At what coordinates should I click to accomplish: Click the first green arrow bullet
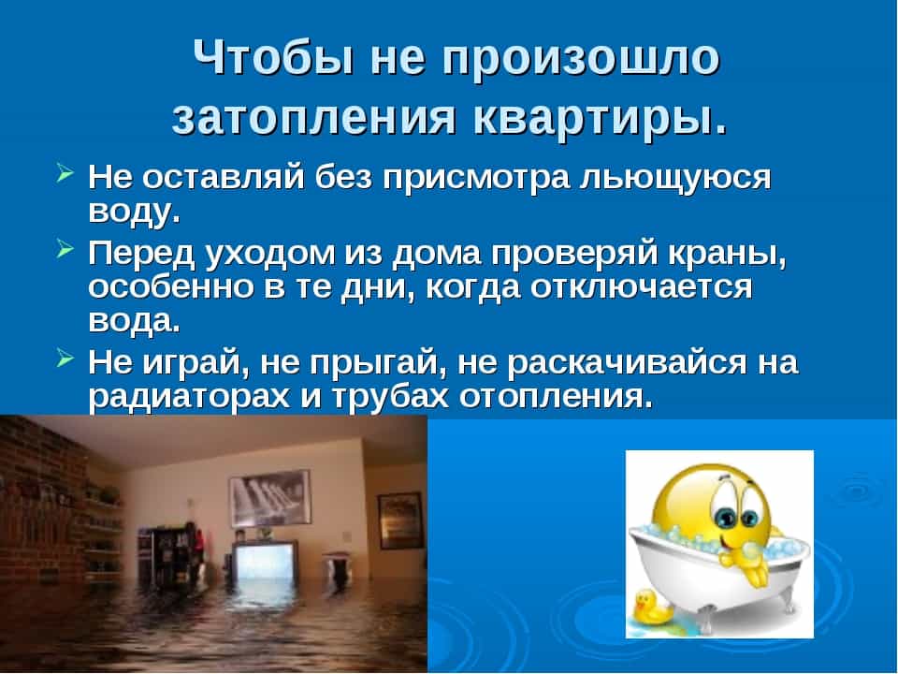(65, 172)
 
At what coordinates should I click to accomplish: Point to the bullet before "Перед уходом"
(65, 249)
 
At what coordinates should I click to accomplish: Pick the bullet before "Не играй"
(65, 359)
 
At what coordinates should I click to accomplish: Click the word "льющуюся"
(675, 179)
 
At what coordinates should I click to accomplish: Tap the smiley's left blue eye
(728, 518)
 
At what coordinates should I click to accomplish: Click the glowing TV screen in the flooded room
(264, 563)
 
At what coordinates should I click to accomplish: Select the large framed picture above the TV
(270, 498)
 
